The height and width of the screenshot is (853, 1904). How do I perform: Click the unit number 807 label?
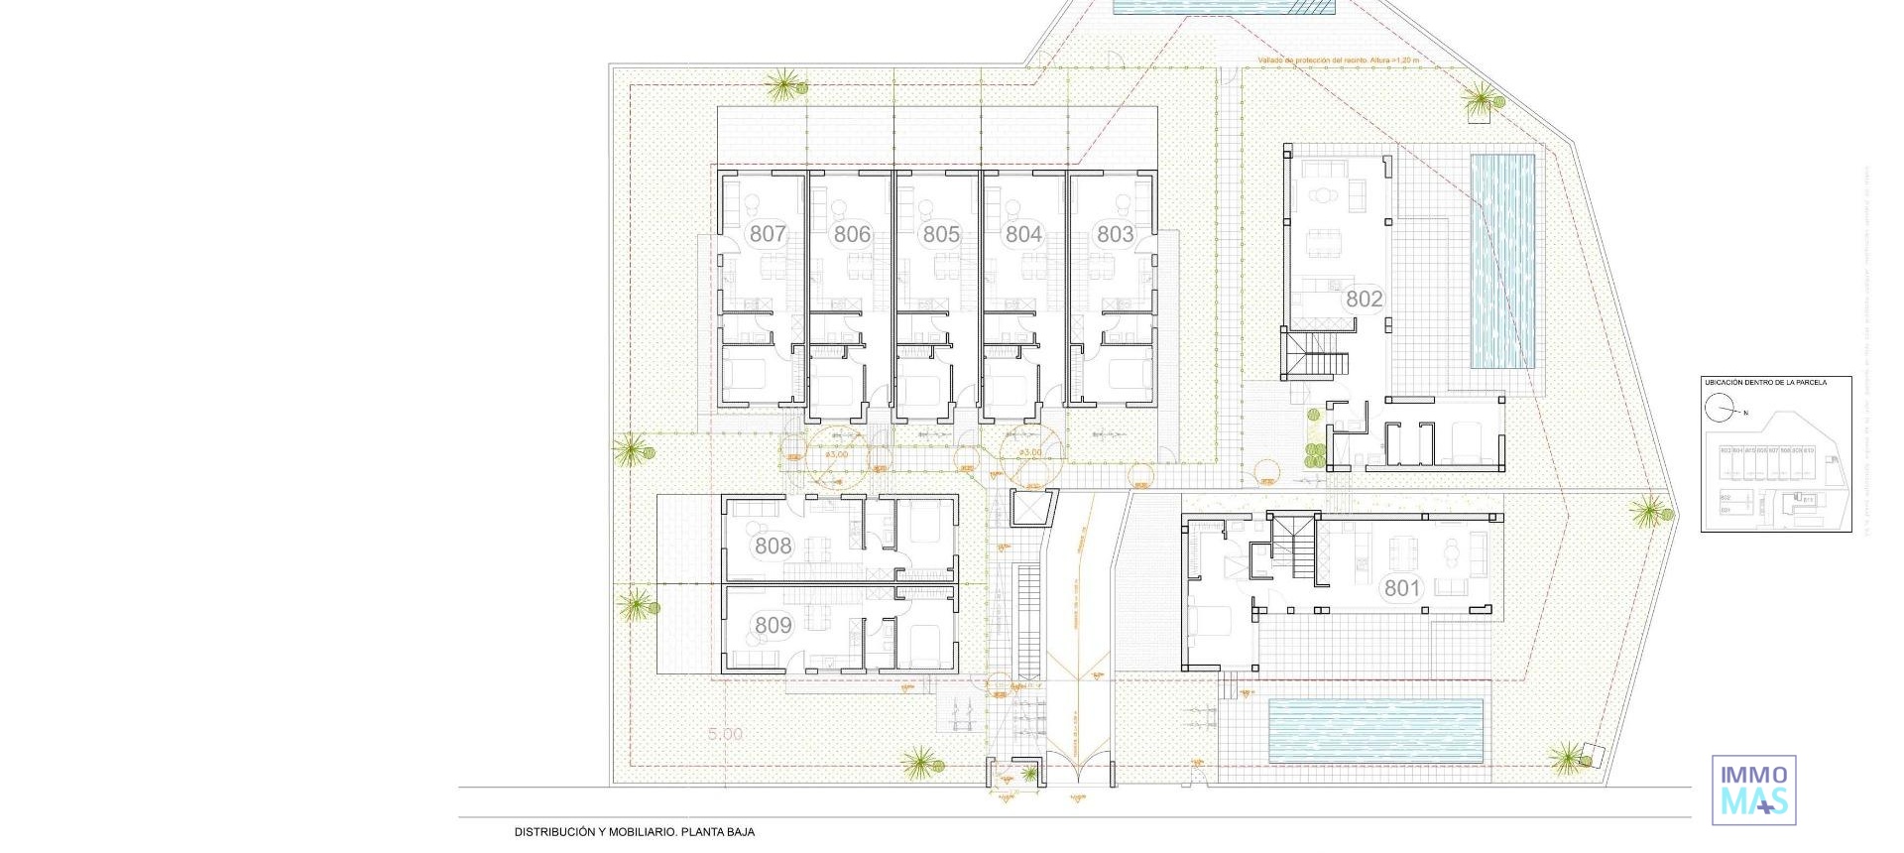(x=768, y=235)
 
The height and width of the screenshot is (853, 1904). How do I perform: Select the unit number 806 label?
(x=852, y=235)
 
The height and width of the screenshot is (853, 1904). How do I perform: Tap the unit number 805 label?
(x=941, y=235)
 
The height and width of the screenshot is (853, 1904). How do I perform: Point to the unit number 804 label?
(x=1023, y=235)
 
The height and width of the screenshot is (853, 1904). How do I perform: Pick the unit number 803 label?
(x=1115, y=235)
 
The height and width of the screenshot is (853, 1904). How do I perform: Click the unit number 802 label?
(x=1364, y=299)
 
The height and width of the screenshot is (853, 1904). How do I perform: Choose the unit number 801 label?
(x=1402, y=588)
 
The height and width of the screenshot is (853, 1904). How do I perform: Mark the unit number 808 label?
(x=773, y=546)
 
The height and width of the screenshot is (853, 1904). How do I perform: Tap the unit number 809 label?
(x=773, y=625)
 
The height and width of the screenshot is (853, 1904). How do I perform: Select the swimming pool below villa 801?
(x=1375, y=730)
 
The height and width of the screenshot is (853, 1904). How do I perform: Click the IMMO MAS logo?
(x=1753, y=790)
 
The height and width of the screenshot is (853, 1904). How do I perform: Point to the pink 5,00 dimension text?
(x=725, y=734)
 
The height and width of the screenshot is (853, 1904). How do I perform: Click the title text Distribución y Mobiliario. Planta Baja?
(x=634, y=832)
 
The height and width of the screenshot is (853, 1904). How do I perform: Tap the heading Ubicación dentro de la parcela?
(x=1764, y=383)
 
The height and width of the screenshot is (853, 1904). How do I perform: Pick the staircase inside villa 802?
(x=1316, y=355)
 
